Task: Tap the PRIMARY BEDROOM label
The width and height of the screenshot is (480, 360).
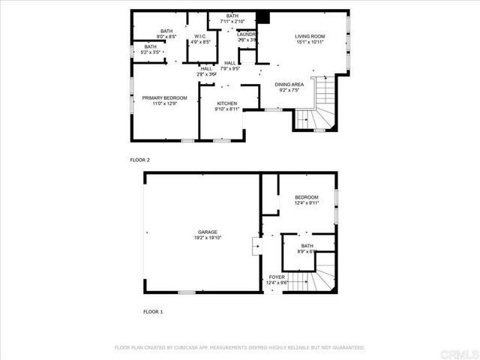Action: [x=164, y=97]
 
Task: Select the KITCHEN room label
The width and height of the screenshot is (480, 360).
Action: [x=227, y=103]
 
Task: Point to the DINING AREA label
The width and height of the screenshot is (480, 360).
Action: [x=289, y=85]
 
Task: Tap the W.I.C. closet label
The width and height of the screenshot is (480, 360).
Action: [x=200, y=36]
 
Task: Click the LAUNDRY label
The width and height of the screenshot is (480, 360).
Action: [x=247, y=34]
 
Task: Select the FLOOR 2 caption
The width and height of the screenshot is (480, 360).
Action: [x=140, y=160]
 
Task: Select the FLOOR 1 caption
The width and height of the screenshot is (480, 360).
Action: [x=152, y=311]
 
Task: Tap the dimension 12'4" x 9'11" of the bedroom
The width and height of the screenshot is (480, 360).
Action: [x=306, y=202]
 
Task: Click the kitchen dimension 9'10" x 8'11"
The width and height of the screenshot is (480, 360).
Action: [x=227, y=109]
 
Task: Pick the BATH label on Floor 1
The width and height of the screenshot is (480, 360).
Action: [x=307, y=245]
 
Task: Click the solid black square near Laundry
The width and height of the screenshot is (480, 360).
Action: [x=262, y=18]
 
